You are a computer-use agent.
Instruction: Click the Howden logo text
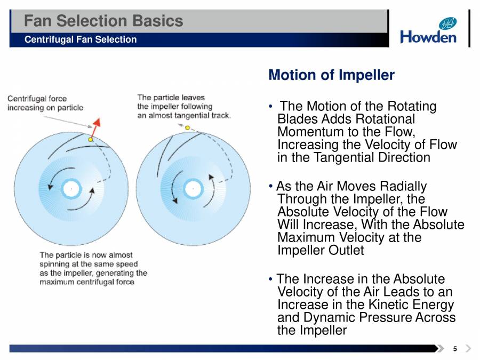coord(428,37)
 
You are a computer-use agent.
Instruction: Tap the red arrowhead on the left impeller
coord(97,122)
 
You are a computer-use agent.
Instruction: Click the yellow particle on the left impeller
coord(90,140)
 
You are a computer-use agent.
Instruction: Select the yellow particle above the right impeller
coord(187,127)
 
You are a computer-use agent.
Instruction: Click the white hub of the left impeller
coord(71,189)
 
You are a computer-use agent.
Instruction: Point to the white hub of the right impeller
coord(193,189)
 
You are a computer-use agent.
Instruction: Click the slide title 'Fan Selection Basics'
coord(103,21)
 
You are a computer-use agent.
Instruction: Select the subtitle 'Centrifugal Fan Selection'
coord(81,39)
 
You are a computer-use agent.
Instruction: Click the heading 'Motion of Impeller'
coord(332,75)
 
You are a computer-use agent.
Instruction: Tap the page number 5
coord(455,349)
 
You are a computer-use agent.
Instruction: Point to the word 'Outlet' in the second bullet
coord(346,251)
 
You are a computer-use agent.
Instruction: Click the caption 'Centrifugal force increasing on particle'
coord(45,103)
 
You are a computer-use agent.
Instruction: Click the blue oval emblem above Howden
coord(447,23)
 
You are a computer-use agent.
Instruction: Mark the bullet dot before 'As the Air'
coord(270,186)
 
